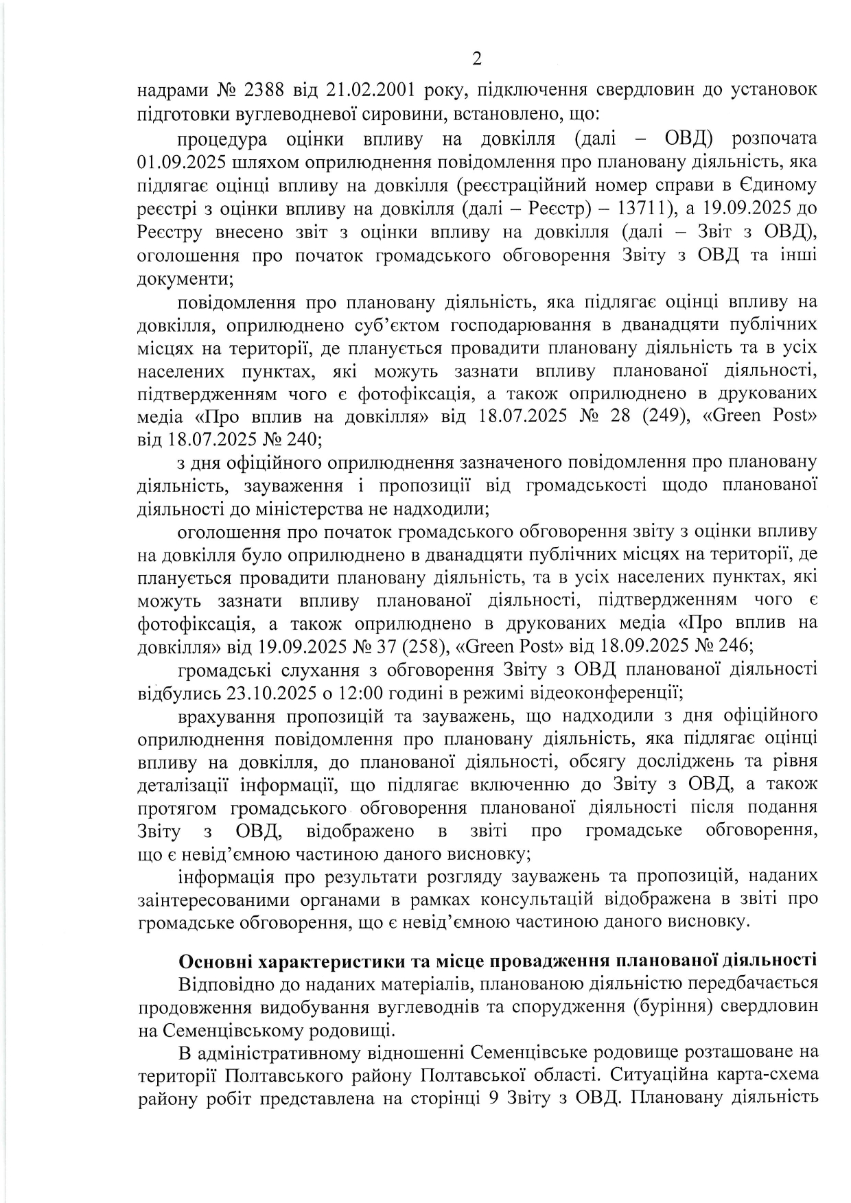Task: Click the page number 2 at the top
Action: (477, 59)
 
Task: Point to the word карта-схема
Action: (758, 1073)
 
